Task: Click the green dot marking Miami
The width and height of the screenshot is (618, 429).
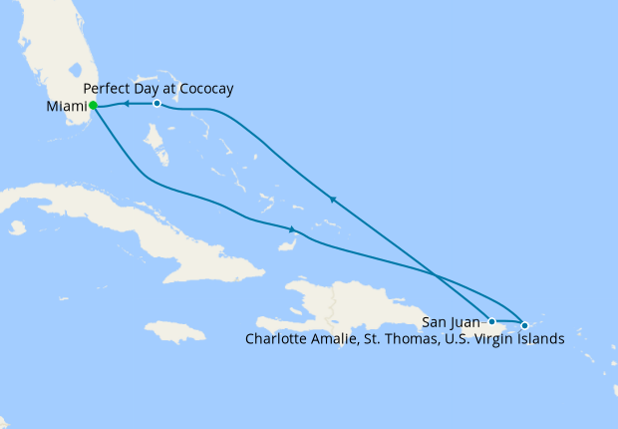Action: click(93, 105)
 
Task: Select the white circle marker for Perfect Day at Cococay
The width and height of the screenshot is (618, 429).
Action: click(156, 104)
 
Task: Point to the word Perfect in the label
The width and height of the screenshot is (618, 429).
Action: click(107, 89)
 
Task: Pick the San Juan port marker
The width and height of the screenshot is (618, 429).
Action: click(491, 321)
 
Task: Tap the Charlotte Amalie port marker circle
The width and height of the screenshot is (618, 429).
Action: click(524, 325)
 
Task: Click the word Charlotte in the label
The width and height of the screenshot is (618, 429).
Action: click(276, 339)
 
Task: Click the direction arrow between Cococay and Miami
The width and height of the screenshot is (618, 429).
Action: click(127, 103)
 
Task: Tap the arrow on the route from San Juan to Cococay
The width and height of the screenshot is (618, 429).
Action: click(332, 200)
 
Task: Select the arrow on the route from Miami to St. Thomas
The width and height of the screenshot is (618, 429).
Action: click(290, 230)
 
